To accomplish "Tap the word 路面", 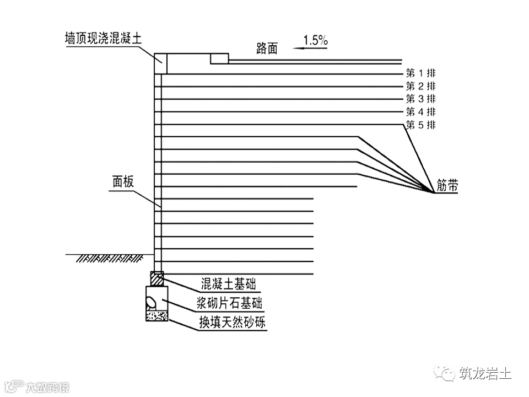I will tap(267, 49).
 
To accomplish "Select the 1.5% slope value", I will tap(316, 40).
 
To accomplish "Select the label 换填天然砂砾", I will tap(232, 322).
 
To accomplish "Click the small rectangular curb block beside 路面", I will tap(219, 58).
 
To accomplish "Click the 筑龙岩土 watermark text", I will tap(485, 373).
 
